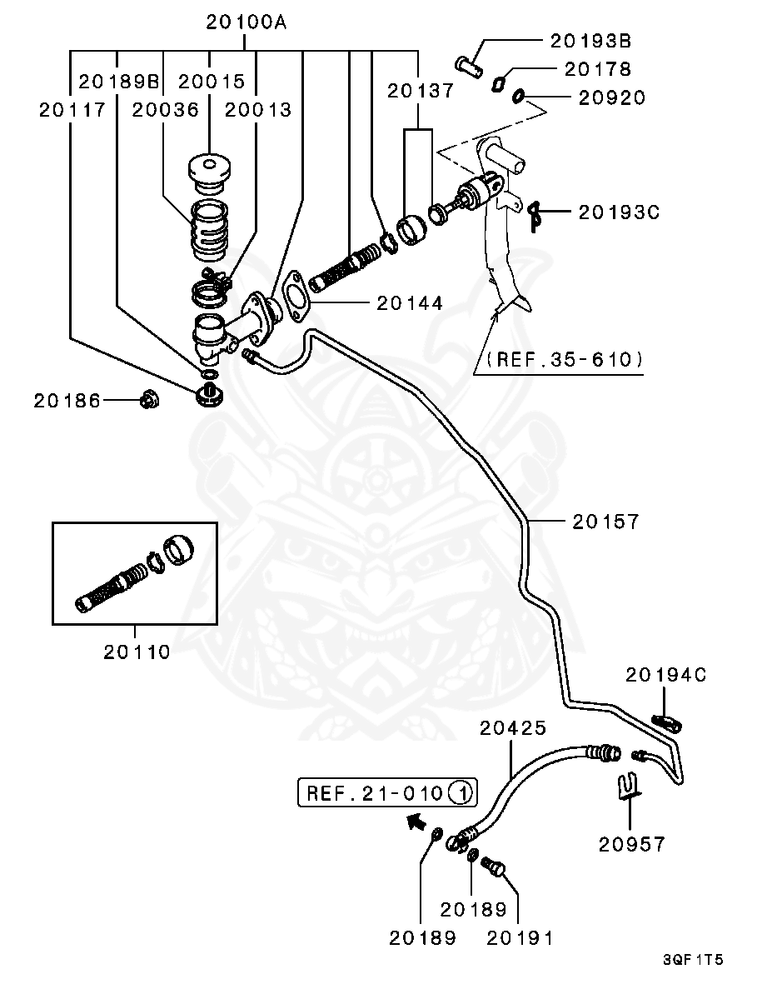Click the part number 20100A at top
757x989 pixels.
click(247, 22)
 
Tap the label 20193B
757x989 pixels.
click(590, 40)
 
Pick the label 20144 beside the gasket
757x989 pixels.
click(410, 303)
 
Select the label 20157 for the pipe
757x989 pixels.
click(605, 522)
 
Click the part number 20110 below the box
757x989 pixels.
click(137, 652)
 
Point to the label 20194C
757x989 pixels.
click(665, 675)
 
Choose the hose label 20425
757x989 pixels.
click(513, 728)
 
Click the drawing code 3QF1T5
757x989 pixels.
click(693, 960)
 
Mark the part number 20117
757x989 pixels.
click(72, 109)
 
